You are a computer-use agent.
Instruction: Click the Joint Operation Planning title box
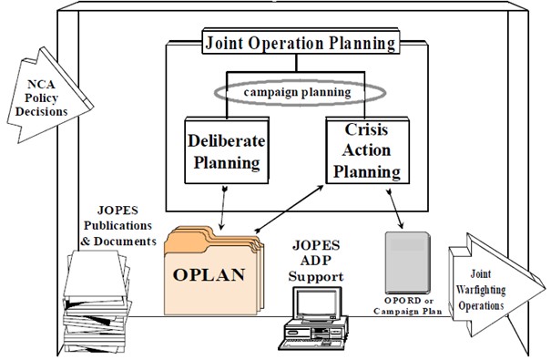point(300,43)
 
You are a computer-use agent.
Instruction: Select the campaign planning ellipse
point(300,92)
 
